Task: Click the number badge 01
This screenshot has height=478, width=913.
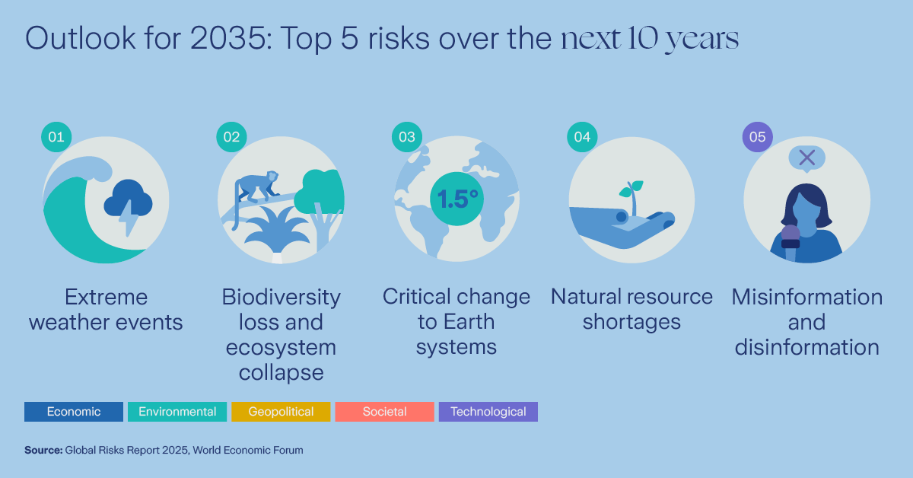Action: coord(56,137)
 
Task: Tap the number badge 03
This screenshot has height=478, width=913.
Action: coord(407,137)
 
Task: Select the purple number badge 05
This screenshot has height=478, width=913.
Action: coord(757,137)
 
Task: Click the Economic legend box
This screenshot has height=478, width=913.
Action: coord(74,412)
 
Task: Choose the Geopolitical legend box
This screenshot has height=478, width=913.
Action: coord(281,412)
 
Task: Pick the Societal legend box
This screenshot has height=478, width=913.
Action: coord(384,412)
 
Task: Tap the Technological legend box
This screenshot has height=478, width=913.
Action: coord(488,412)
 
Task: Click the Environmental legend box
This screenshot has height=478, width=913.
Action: coord(177,412)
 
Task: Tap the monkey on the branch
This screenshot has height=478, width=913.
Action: coord(255,190)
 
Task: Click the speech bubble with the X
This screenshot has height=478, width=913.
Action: coord(807,158)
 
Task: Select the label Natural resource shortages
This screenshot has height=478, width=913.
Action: coord(631,309)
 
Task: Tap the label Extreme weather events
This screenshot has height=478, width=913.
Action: coord(106,309)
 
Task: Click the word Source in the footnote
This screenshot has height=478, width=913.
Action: coord(43,451)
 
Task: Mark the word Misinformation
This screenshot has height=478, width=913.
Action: coord(807,297)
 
